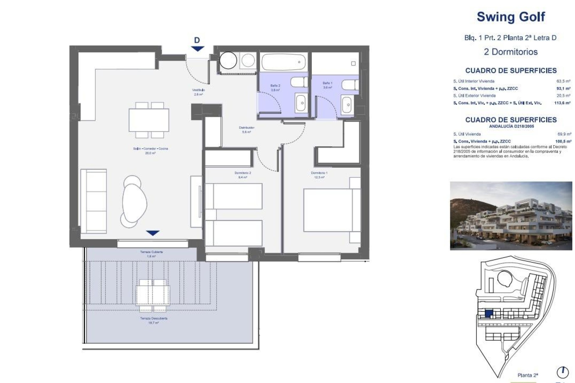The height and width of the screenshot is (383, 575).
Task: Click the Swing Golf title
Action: (x=511, y=17)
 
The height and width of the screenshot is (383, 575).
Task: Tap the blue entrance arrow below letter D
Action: (x=197, y=48)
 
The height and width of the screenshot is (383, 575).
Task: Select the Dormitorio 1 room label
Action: (x=319, y=175)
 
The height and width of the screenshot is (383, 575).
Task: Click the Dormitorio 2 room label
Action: (x=243, y=175)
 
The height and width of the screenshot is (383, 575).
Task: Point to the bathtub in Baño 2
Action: (x=283, y=62)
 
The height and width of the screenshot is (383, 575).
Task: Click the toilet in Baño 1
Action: (x=350, y=85)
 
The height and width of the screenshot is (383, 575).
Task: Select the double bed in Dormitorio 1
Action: (x=328, y=210)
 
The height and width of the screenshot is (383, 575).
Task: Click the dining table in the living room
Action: (x=149, y=120)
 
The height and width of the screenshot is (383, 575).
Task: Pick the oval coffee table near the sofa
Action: (x=135, y=203)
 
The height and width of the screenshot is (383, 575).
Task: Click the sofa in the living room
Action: (x=94, y=201)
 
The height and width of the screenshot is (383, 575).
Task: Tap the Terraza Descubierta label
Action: (x=154, y=320)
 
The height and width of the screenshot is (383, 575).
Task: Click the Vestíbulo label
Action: (x=198, y=92)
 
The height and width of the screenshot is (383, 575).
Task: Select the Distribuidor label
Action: (x=246, y=130)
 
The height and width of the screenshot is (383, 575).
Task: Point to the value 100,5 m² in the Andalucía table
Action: (x=563, y=141)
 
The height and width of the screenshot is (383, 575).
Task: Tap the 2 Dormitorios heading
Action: (x=511, y=52)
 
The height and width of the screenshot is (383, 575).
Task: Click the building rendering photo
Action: (x=511, y=216)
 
